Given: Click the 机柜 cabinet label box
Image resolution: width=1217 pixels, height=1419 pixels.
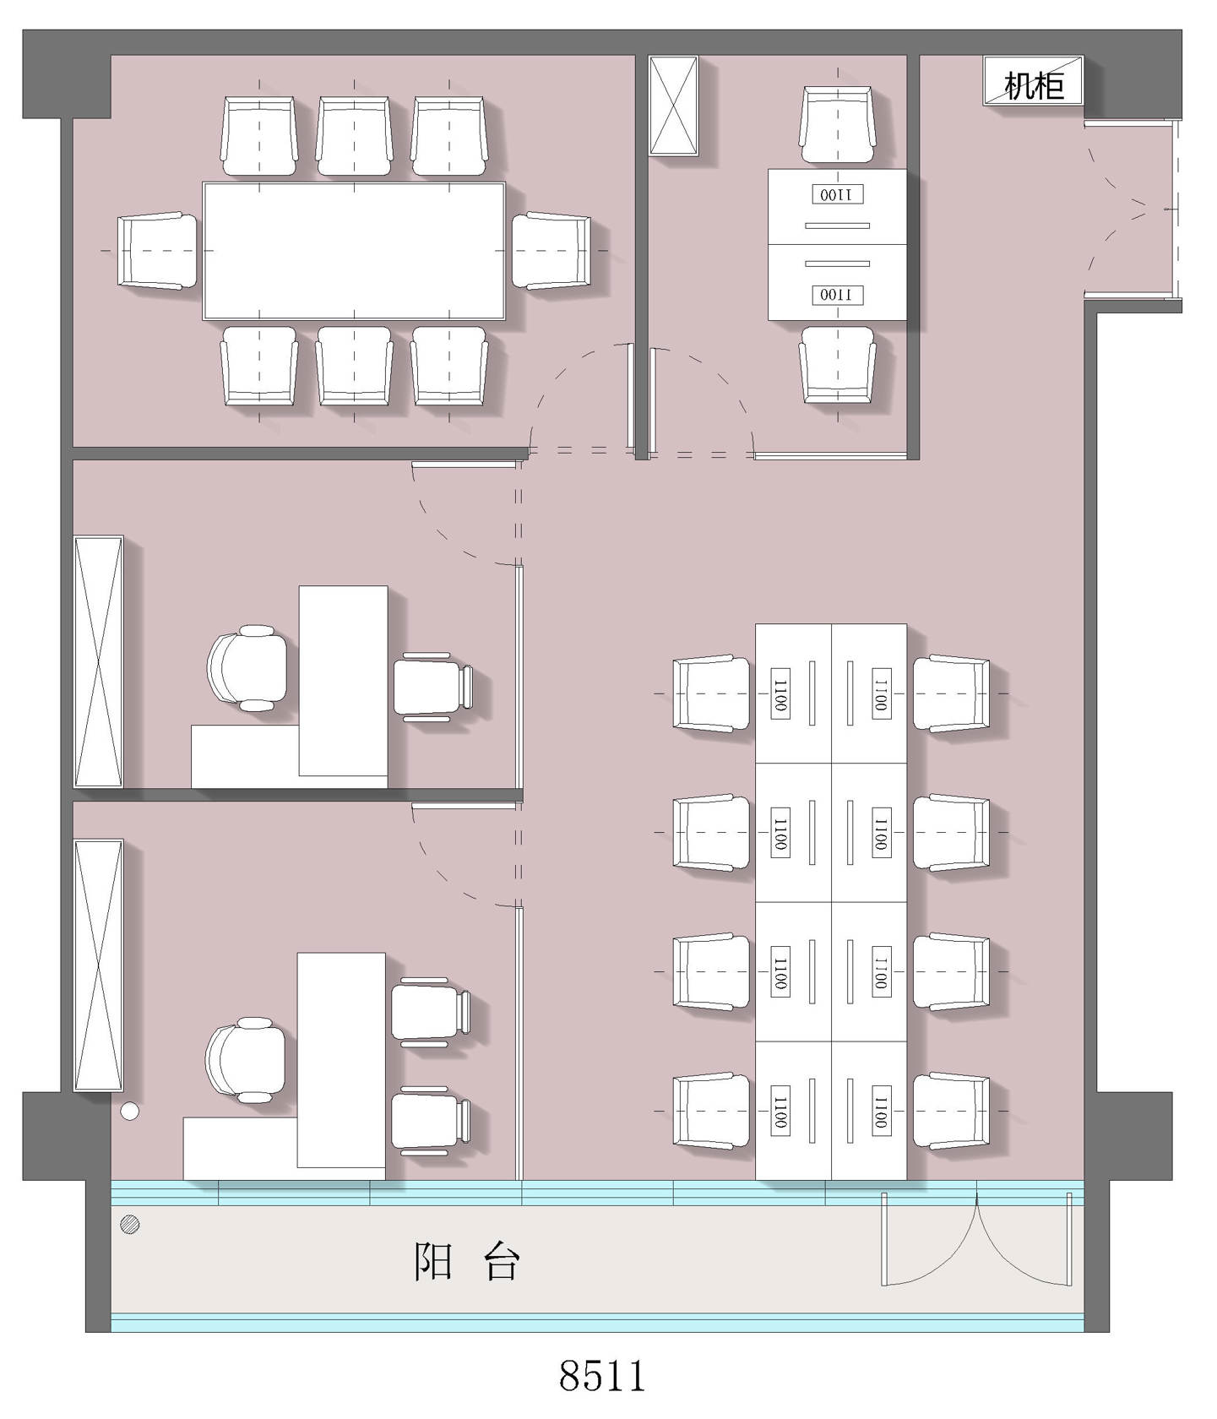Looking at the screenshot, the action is coord(1032,81).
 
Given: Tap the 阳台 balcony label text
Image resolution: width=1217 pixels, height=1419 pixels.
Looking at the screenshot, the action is coord(466,1262).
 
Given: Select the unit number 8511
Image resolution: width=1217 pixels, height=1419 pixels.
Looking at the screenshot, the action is coord(602,1375).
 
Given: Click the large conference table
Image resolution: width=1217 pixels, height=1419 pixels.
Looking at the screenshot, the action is coord(354,251).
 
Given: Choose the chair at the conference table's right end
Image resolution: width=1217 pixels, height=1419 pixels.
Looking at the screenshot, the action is coord(551,251).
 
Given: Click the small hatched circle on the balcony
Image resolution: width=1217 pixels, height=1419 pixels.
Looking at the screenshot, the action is coord(130,1223).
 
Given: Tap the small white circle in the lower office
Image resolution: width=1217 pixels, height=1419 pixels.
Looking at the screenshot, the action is coord(129,1112).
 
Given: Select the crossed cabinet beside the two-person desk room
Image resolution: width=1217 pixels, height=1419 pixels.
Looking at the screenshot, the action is coord(673,106).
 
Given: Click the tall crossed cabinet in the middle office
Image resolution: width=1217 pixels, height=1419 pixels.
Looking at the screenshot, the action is coord(99,661).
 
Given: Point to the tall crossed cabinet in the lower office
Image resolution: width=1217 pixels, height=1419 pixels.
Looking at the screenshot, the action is coord(99,965).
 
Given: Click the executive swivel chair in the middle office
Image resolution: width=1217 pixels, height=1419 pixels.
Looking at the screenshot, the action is coord(247,668).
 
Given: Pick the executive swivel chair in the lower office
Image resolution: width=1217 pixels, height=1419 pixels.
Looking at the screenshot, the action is coord(246,1060).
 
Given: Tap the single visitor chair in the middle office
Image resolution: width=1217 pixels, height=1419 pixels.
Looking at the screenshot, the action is coord(433,687).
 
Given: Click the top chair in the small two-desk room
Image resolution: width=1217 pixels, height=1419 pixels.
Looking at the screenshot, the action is coord(837,124).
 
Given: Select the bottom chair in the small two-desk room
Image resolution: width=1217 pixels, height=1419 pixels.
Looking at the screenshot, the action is coord(837,365).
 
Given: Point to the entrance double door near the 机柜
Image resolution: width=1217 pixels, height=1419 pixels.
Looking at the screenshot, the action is coord(1132,209).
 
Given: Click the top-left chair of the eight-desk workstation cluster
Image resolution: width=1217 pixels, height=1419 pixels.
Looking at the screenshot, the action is coord(711,693).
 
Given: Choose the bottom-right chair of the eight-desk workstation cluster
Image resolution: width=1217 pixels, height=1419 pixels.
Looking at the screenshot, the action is coord(952,1111).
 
